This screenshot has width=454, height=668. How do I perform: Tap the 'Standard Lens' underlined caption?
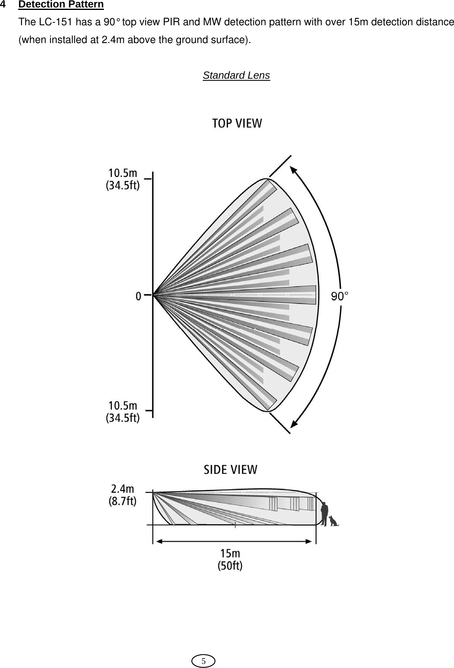[236, 75]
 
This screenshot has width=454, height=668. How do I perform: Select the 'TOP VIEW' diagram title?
[237, 123]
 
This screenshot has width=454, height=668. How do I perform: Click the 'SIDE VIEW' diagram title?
[231, 470]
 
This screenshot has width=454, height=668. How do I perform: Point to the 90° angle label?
[340, 296]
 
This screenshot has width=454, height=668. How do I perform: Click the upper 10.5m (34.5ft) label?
[123, 179]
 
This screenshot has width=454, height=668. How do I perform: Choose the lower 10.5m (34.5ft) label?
[123, 411]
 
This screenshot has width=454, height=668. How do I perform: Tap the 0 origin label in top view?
[138, 296]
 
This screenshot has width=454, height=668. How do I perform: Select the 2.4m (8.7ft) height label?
[123, 495]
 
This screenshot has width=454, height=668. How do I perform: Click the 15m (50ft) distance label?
[230, 559]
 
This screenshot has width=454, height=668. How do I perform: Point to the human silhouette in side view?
[325, 514]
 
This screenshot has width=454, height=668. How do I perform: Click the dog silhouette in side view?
[334, 521]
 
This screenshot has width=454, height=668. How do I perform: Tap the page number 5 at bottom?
[203, 661]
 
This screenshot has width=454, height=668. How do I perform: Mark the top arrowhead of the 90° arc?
[293, 170]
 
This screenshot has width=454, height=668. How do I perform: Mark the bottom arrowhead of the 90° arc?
[294, 423]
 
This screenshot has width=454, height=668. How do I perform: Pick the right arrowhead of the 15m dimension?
[308, 540]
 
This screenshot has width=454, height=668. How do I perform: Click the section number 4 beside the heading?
[3, 5]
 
